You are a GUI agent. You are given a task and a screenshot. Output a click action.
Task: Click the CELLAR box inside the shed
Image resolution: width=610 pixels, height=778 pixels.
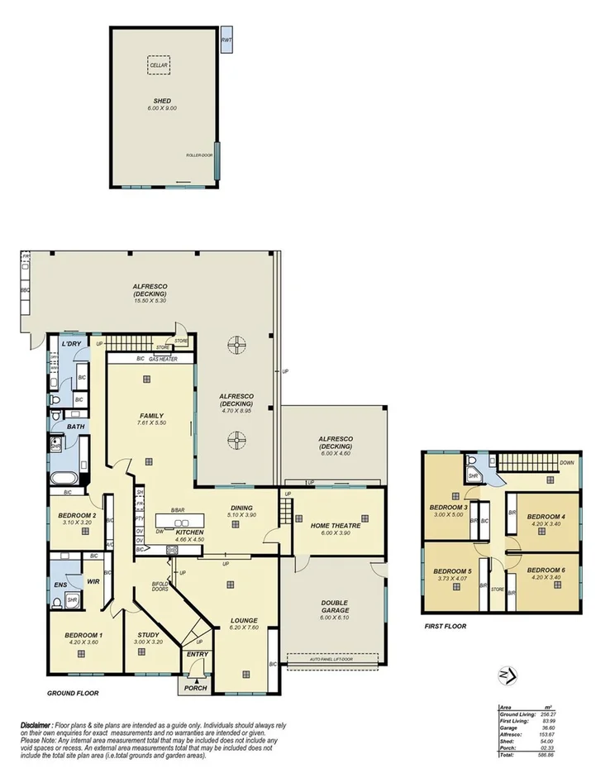[x=157, y=64]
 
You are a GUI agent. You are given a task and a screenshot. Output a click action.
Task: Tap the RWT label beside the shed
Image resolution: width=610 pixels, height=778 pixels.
[x=226, y=40]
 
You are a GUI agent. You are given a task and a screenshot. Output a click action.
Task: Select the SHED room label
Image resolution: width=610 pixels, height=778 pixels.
[x=161, y=101]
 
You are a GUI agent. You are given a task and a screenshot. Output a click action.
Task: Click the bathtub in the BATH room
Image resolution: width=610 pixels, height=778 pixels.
[x=64, y=478]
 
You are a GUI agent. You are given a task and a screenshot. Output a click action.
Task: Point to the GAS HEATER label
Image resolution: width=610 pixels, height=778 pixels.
[x=164, y=359]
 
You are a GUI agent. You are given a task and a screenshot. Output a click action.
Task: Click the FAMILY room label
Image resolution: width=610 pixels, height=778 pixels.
[x=151, y=416]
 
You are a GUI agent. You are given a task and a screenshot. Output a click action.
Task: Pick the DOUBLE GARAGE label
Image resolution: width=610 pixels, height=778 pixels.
[x=335, y=606]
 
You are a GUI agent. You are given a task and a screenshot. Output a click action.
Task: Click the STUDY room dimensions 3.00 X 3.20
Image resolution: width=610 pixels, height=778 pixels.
[x=150, y=642]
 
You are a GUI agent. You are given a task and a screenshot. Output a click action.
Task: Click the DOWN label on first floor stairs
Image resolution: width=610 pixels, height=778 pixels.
[x=566, y=463]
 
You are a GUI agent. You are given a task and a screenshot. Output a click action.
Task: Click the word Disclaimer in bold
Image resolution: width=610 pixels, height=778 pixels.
[x=36, y=724]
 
